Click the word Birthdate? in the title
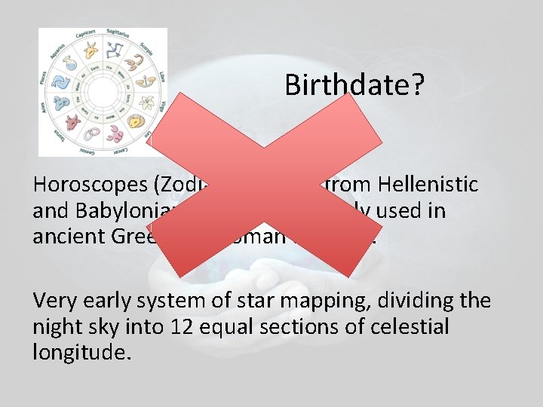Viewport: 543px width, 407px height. point(354,85)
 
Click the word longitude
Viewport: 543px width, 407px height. point(82,351)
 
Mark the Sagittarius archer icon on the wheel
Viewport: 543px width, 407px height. point(116,51)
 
